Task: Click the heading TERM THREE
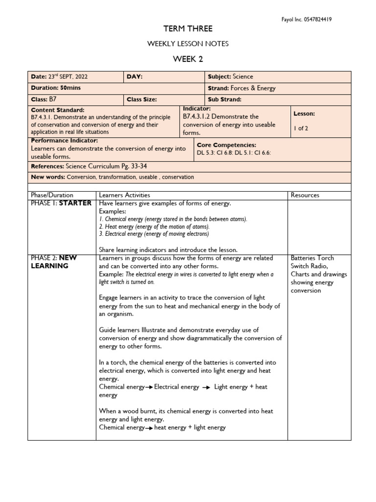point(188,29)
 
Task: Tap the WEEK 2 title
point(188,59)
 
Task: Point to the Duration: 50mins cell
point(56,88)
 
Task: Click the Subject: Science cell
point(231,77)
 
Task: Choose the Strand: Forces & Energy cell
point(242,88)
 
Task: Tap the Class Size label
point(141,100)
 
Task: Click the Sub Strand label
point(225,100)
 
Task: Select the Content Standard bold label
point(58,110)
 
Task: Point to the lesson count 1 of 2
point(301,129)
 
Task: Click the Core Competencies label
point(226,145)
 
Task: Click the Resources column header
point(305,195)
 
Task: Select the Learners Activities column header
point(124,195)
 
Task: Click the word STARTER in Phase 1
point(75,203)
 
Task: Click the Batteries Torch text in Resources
point(312,258)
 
